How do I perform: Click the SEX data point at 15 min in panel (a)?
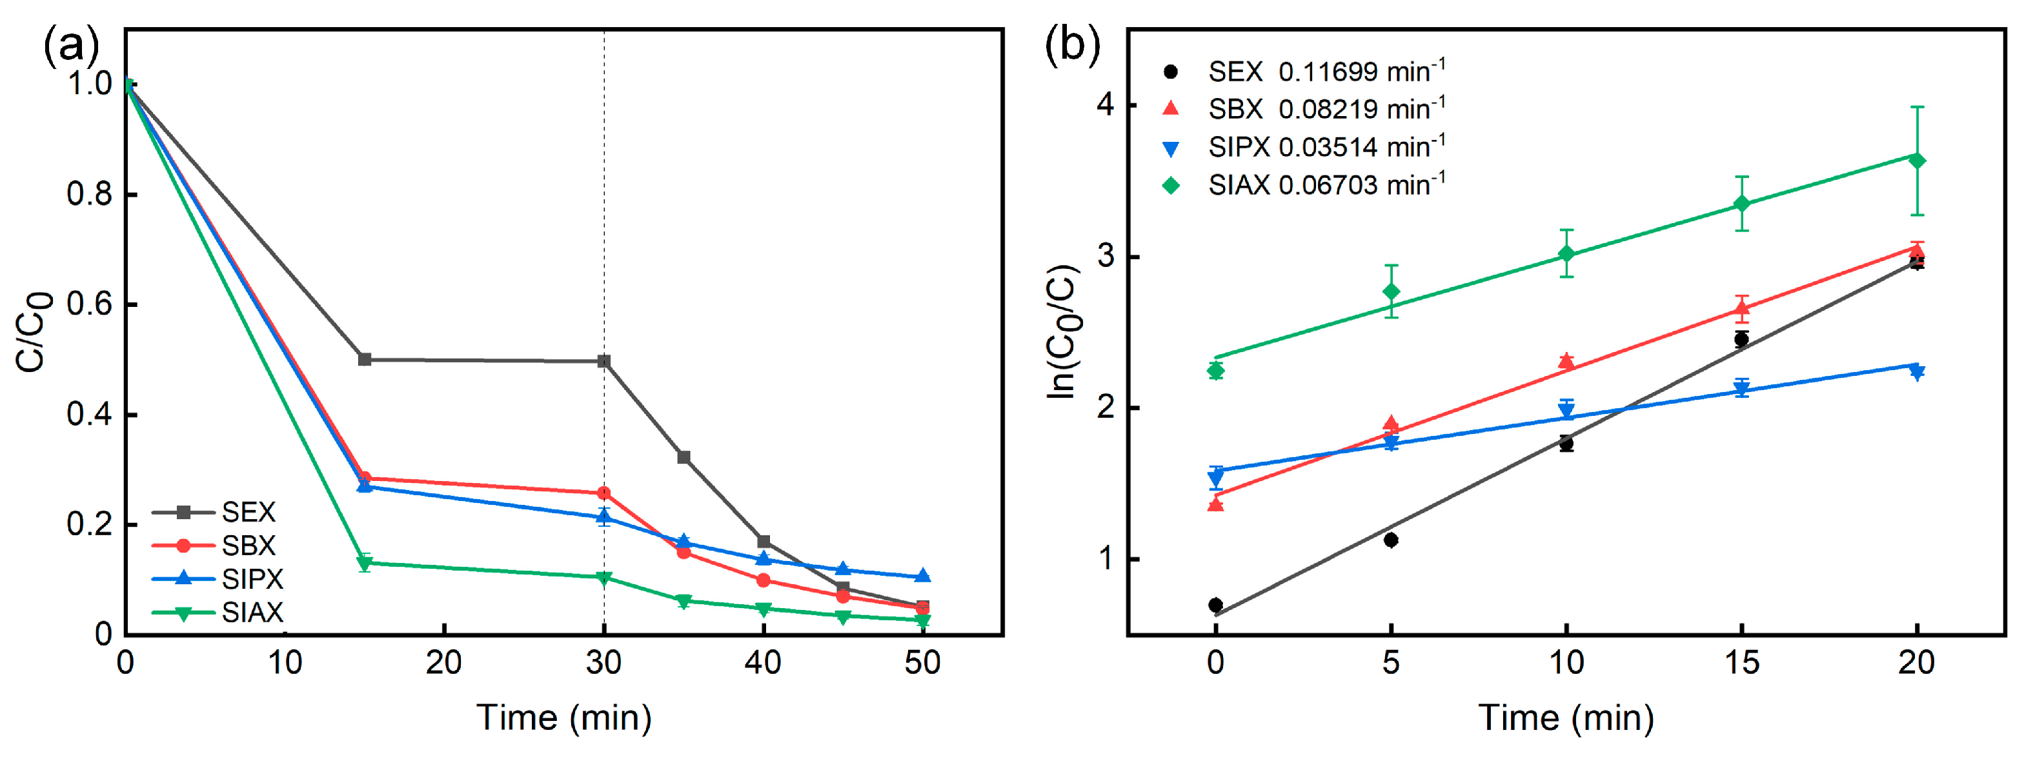pos(365,360)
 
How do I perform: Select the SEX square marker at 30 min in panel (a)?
pos(603,361)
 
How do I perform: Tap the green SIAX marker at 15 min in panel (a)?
pos(365,562)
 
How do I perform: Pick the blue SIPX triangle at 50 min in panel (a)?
pos(922,576)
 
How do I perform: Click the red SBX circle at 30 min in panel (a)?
pos(603,493)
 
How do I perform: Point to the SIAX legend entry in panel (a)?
pos(252,613)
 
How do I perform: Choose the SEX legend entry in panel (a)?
pos(248,513)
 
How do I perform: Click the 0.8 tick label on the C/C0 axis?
pos(90,194)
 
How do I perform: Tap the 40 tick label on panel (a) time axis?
pos(763,664)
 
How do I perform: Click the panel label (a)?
pos(71,46)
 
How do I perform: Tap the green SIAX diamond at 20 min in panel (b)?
pos(1917,161)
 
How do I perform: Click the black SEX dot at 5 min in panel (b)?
pos(1391,540)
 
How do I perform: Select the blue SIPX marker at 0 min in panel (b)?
pos(1215,477)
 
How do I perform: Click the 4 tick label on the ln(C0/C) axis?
pos(1106,104)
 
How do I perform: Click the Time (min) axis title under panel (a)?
pos(563,718)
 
